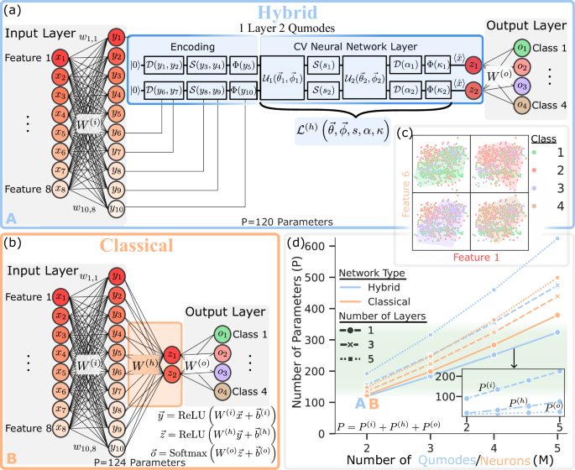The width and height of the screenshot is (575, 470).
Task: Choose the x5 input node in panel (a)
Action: (60, 132)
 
